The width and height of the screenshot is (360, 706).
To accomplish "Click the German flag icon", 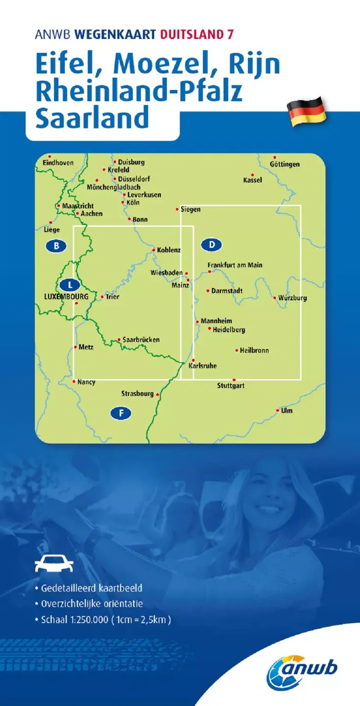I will click(x=306, y=112).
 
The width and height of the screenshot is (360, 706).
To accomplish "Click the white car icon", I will click(x=54, y=563).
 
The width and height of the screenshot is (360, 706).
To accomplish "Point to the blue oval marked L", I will click(x=70, y=284).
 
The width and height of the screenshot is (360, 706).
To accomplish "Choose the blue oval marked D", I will click(x=212, y=244).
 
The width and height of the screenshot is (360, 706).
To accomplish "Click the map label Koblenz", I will click(x=169, y=250).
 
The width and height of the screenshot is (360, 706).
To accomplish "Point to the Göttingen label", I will click(x=285, y=164).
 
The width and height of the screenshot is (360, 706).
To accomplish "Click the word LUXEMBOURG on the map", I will click(x=62, y=297).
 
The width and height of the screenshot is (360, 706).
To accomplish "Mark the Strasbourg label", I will click(x=138, y=393).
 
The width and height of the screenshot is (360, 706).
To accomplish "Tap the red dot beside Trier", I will click(x=102, y=297).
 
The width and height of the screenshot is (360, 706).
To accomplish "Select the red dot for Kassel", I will click(x=252, y=175).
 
